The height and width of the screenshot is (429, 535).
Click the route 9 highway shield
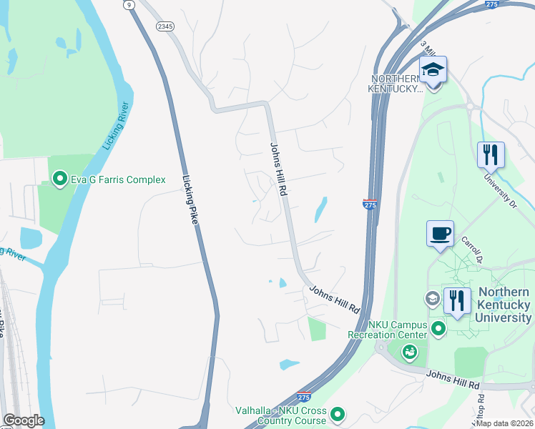coord(129,5)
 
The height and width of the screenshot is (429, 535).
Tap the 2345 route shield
coord(165,26)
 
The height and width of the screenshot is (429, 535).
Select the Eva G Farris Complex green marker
coord(61,179)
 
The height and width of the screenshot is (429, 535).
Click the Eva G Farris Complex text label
coord(118,180)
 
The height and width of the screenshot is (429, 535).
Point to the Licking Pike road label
coord(190,201)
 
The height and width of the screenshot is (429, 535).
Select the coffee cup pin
coord(440,234)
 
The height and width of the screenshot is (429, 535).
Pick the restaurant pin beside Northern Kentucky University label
coord(458,301)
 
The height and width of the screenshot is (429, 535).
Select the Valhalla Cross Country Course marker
coord(338,414)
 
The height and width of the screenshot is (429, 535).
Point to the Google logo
coord(23,420)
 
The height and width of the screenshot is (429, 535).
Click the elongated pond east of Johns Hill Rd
coord(320,209)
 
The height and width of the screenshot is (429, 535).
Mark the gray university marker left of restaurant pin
coord(432,298)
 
